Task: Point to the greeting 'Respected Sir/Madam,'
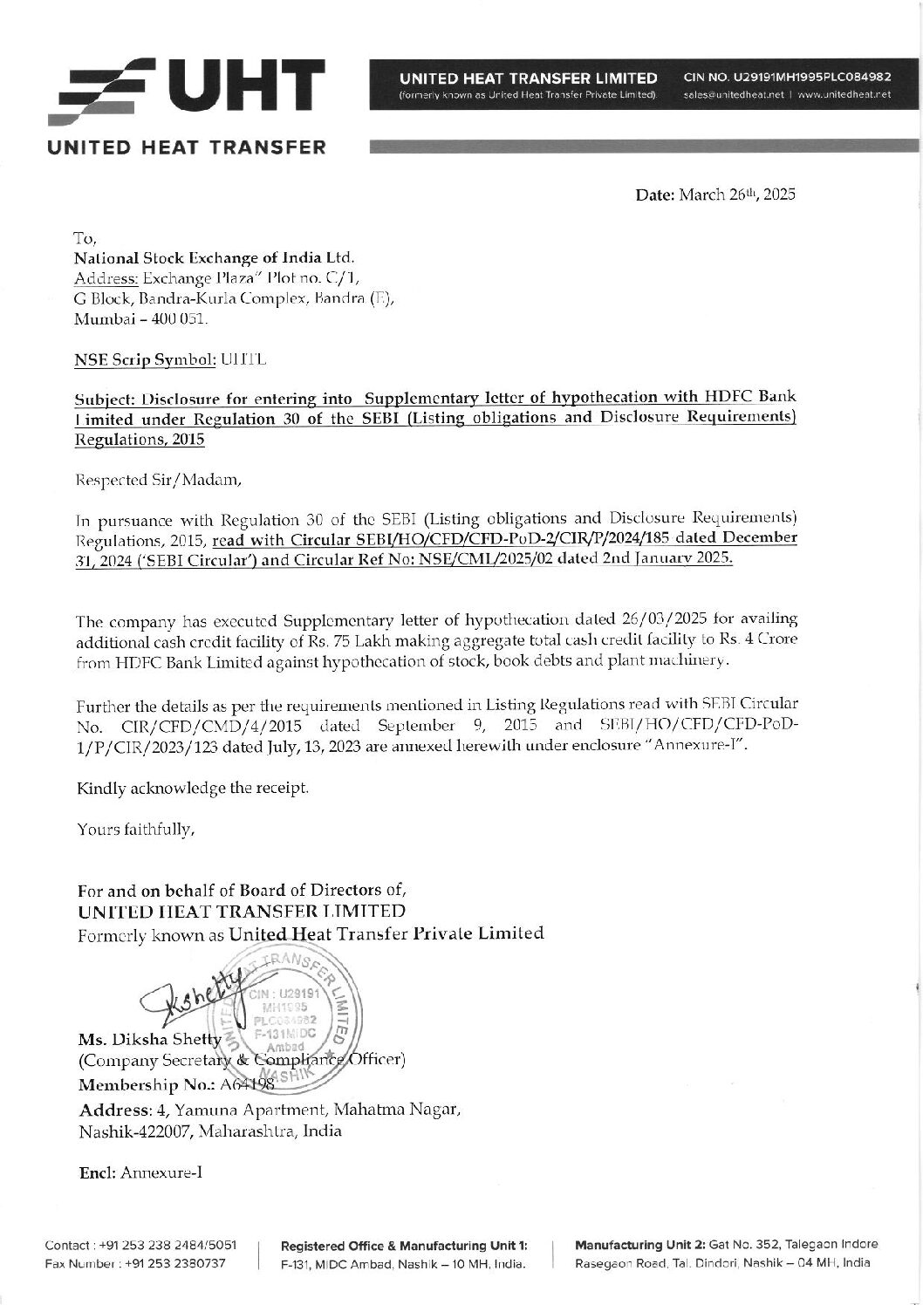[152, 479]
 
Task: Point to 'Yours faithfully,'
[135, 829]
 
